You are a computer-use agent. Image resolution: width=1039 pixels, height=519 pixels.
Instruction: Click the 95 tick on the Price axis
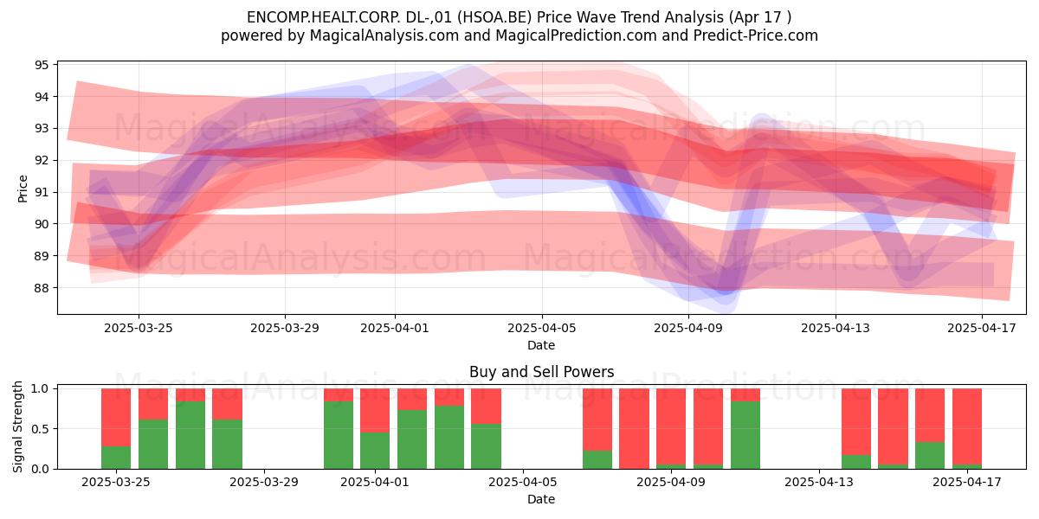tap(42, 64)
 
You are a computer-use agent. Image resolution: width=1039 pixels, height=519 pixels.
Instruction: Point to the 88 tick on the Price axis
tap(42, 288)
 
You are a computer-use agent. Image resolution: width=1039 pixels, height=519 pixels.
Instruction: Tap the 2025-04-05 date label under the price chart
tap(541, 328)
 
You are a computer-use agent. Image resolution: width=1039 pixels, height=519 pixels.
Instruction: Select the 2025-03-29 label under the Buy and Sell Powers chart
tap(264, 482)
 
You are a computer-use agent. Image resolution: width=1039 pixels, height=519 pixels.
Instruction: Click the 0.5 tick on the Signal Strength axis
tap(40, 429)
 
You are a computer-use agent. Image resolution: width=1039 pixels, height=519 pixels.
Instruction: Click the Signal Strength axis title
tap(17, 426)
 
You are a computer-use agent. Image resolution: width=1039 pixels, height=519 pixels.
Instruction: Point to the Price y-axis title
tap(23, 189)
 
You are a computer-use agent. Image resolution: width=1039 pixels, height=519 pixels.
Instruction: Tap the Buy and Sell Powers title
tap(541, 372)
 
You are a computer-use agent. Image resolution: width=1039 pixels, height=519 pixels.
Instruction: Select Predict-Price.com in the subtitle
tap(756, 35)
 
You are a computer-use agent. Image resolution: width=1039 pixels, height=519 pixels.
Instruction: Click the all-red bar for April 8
tap(634, 429)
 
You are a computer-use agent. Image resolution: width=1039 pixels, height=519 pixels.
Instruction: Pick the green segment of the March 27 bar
tap(190, 435)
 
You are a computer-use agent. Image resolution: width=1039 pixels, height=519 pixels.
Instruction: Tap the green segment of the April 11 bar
tap(745, 435)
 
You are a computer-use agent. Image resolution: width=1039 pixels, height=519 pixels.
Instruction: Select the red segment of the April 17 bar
tap(967, 426)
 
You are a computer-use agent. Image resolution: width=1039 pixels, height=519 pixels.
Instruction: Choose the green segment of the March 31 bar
tap(339, 435)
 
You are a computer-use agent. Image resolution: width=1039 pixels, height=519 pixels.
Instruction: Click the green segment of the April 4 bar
tap(486, 446)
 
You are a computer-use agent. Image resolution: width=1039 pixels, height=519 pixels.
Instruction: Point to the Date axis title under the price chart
tap(541, 345)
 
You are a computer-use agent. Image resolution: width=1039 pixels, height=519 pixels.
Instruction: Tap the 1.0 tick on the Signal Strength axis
tap(40, 388)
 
